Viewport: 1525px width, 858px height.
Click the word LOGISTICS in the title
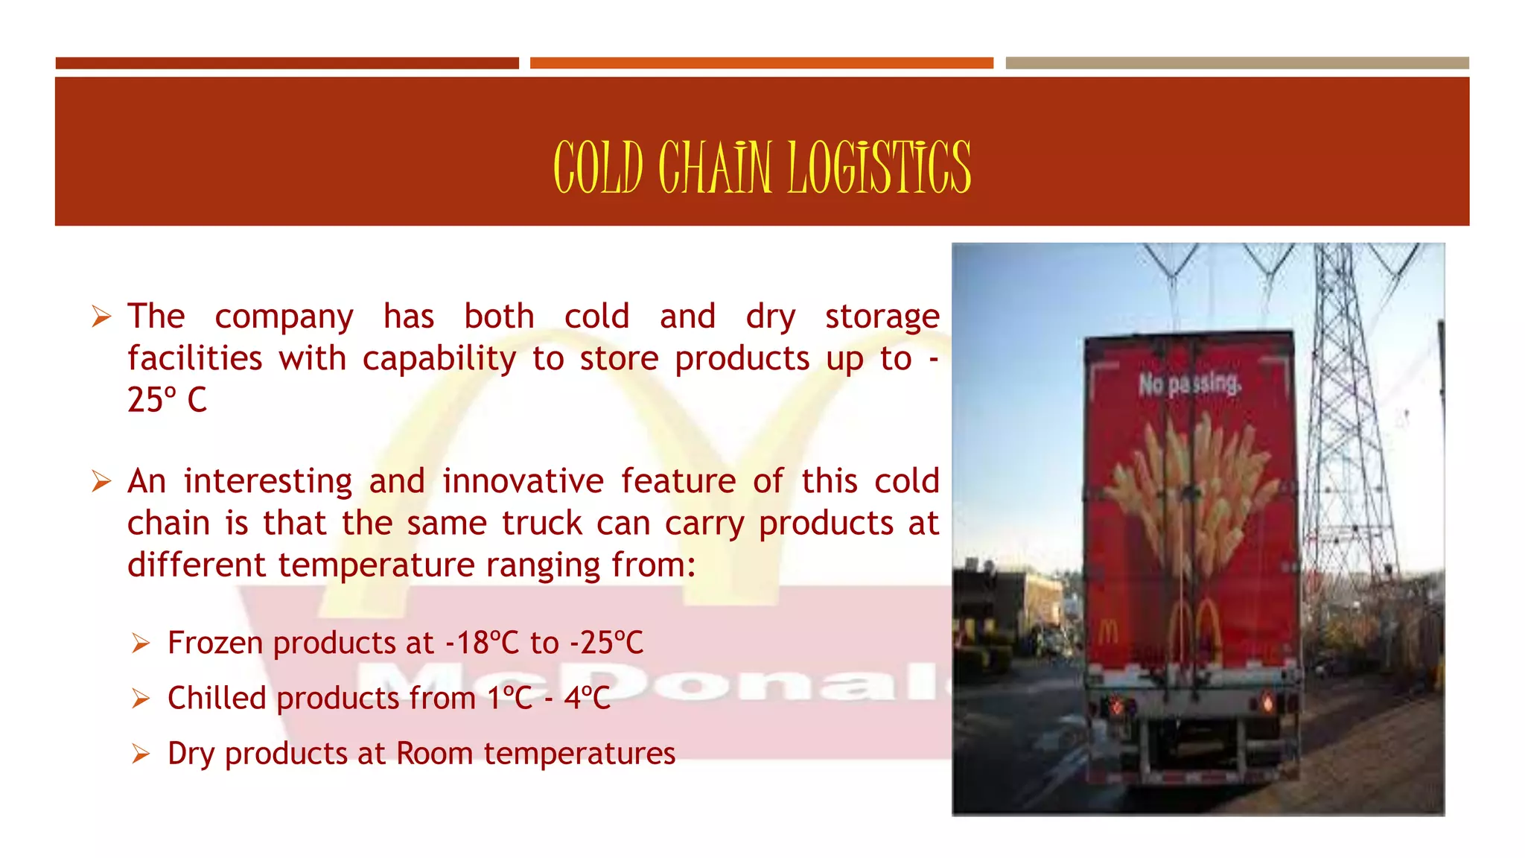click(x=879, y=168)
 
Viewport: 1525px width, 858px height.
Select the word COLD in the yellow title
click(x=598, y=168)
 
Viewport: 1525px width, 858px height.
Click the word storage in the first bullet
click(x=882, y=317)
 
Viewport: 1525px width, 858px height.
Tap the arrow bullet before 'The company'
click(x=101, y=317)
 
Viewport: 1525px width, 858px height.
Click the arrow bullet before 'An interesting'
click(x=101, y=481)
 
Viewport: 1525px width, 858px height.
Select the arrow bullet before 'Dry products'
click(x=141, y=754)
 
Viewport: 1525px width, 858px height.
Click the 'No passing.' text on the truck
click(x=1189, y=384)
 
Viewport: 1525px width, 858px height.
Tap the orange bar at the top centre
click(x=761, y=63)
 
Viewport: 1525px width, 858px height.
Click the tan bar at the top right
click(x=1237, y=63)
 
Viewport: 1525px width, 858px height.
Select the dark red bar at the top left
click(x=287, y=63)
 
